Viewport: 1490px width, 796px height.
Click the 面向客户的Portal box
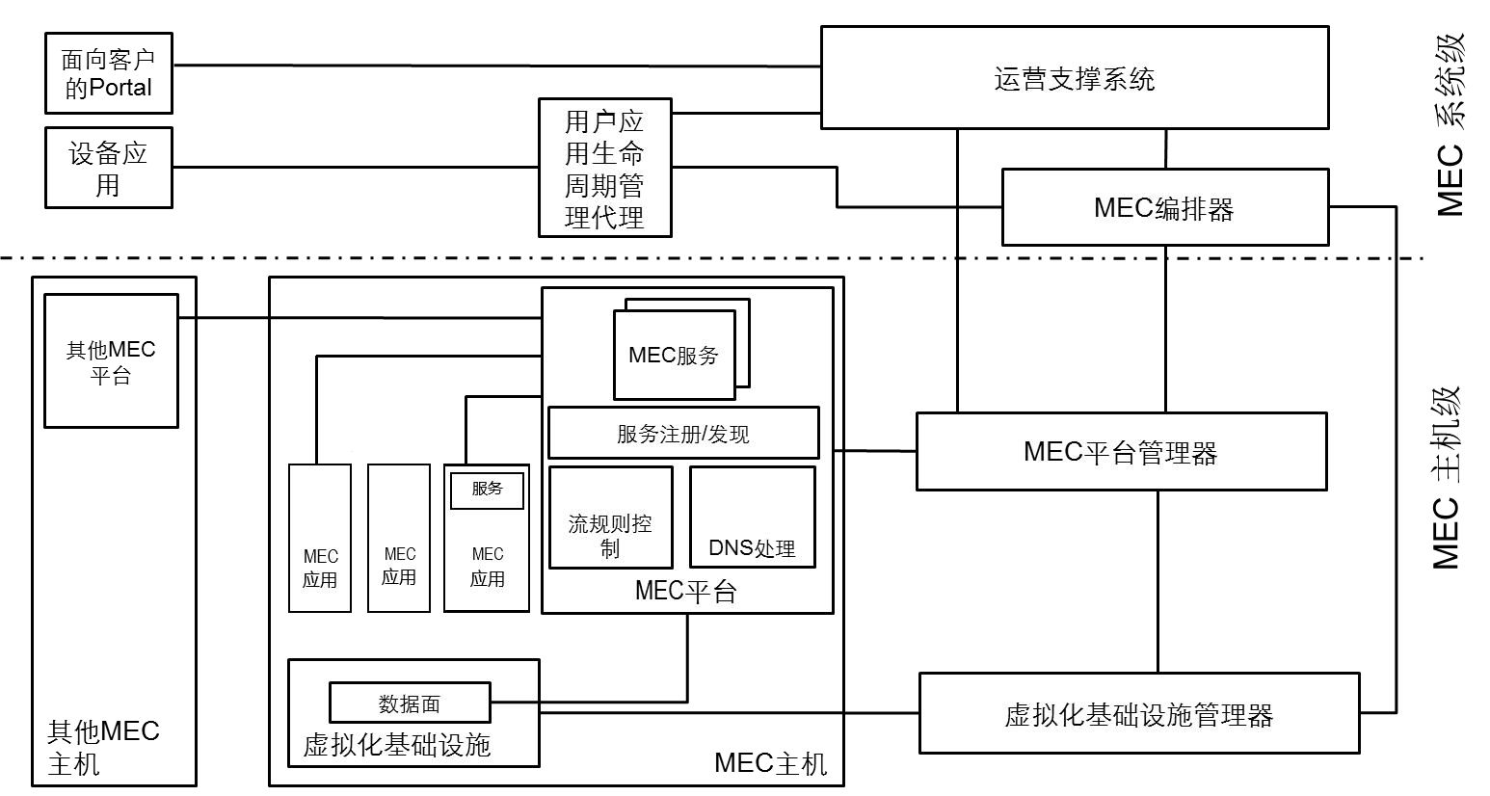pyautogui.click(x=108, y=74)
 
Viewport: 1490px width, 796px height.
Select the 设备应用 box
pyautogui.click(x=108, y=168)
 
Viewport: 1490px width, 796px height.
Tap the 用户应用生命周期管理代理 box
pyautogui.click(x=604, y=169)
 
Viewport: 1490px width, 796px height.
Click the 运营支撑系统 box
pyautogui.click(x=1074, y=78)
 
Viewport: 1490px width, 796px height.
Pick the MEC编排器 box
pyautogui.click(x=1164, y=208)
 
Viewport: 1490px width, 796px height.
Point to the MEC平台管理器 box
pyautogui.click(x=1120, y=452)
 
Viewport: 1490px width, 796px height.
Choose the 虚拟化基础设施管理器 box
pyautogui.click(x=1139, y=714)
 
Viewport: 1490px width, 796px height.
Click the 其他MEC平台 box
pyautogui.click(x=111, y=361)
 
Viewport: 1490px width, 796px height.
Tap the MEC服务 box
pyautogui.click(x=674, y=355)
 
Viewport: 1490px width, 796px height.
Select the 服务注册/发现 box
pyautogui.click(x=682, y=434)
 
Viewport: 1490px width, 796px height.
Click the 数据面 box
pyautogui.click(x=410, y=703)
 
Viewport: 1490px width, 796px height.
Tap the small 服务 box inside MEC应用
pyautogui.click(x=487, y=490)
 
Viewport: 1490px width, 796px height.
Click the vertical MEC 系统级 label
pyautogui.click(x=1450, y=125)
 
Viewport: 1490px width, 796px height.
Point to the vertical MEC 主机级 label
pyautogui.click(x=1448, y=477)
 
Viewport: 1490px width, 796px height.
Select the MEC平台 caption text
pyautogui.click(x=685, y=591)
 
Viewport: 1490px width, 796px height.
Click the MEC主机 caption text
pyautogui.click(x=770, y=764)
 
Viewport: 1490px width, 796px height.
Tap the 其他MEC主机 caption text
pyautogui.click(x=103, y=747)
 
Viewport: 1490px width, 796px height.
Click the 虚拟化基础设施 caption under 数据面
pyautogui.click(x=397, y=745)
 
